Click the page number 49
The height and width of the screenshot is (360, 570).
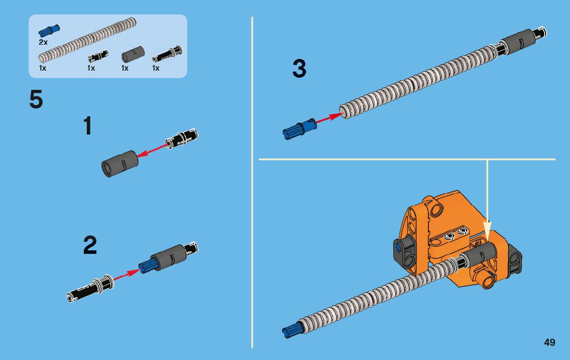tap(550, 342)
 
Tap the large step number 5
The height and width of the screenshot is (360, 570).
tap(36, 100)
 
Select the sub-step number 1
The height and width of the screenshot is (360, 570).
tap(88, 126)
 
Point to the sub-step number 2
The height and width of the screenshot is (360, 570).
tap(90, 245)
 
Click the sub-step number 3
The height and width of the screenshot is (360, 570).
tap(299, 69)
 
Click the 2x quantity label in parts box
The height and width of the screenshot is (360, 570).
tap(43, 42)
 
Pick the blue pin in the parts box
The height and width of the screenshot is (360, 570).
tap(49, 30)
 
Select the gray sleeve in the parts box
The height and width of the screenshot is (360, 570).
tap(132, 54)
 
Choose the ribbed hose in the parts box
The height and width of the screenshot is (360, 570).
tap(87, 40)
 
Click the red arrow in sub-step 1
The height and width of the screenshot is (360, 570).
tap(153, 150)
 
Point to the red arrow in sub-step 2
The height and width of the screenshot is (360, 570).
tap(126, 275)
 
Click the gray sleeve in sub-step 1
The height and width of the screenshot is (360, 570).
tap(120, 163)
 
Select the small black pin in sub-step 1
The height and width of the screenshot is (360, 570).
tap(181, 139)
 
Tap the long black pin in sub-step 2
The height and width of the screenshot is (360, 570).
tap(90, 288)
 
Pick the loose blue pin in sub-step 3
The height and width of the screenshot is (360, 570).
tap(299, 129)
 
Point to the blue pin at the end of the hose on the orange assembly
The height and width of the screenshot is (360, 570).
tap(290, 330)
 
